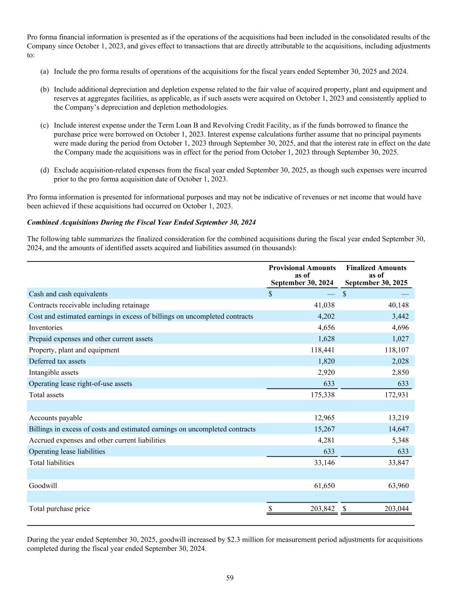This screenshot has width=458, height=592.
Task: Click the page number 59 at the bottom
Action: [x=230, y=578]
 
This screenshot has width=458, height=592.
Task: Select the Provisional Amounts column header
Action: [x=302, y=275]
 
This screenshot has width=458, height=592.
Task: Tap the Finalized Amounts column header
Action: [x=376, y=275]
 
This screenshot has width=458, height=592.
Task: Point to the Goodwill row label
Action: [x=43, y=486]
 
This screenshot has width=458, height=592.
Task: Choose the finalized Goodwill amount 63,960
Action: [x=397, y=486]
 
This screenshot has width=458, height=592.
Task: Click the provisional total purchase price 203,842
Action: [x=323, y=509]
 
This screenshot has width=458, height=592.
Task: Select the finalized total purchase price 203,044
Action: [x=397, y=509]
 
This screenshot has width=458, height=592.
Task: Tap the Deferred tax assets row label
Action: [x=57, y=361]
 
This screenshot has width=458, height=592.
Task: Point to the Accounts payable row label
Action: [x=56, y=418]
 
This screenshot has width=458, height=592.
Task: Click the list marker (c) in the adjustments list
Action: [x=44, y=125]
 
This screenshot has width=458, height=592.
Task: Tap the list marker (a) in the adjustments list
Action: [x=44, y=71]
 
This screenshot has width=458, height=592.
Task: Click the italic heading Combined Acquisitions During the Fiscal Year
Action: [x=142, y=222]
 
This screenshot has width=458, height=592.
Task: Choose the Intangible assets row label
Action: [x=54, y=373]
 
